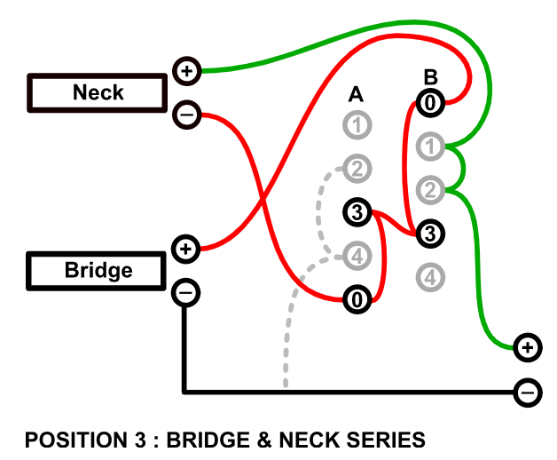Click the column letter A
click(x=356, y=94)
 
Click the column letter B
click(x=431, y=76)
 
